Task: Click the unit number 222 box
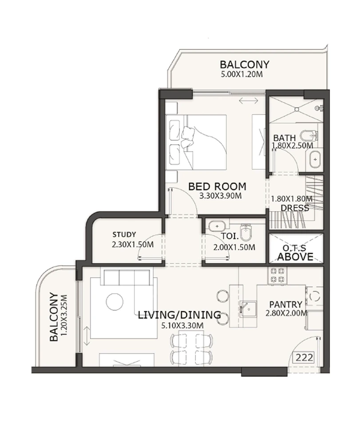coord(305,357)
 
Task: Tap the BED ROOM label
coord(217,186)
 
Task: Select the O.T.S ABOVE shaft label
coord(295,253)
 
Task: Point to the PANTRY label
coord(286,304)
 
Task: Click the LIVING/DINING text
coord(179,315)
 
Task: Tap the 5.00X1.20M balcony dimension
coord(241,75)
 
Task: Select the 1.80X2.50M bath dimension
coord(293,145)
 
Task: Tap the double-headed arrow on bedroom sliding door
coord(248,101)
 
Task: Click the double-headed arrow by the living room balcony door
coord(87,332)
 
